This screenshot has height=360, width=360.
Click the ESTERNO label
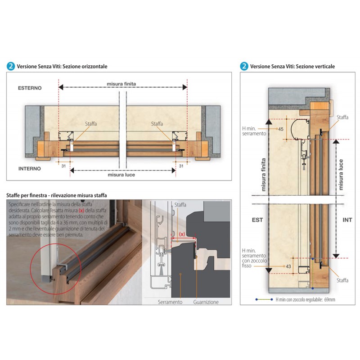[x=30, y=88]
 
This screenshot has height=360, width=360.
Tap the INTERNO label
[x=30, y=168]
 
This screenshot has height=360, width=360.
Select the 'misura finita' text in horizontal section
[x=121, y=84]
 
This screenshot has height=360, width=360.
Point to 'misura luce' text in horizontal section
[x=121, y=175]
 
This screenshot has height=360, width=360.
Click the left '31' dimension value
[x=63, y=166]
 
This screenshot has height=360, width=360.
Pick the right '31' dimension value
[x=181, y=166]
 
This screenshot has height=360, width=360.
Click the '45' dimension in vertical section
[x=280, y=129]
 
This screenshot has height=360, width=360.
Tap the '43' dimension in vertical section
[x=288, y=266]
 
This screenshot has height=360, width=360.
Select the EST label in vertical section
[x=257, y=220]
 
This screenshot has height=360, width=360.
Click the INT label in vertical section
[x=347, y=220]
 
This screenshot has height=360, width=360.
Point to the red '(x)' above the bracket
[x=182, y=234]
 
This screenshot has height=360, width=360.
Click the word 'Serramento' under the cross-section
[x=170, y=302]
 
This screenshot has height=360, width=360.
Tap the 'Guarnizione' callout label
[x=206, y=302]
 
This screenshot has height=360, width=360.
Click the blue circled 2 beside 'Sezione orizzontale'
[x=11, y=66]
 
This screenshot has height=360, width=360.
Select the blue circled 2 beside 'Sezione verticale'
[x=244, y=66]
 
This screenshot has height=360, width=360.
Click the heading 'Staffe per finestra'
[x=26, y=195]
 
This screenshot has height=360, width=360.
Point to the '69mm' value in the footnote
[x=330, y=300]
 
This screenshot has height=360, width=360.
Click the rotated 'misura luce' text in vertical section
[x=341, y=175]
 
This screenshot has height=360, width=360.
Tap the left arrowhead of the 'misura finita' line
[x=61, y=87]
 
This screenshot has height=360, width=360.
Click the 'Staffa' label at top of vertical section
[x=342, y=117]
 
